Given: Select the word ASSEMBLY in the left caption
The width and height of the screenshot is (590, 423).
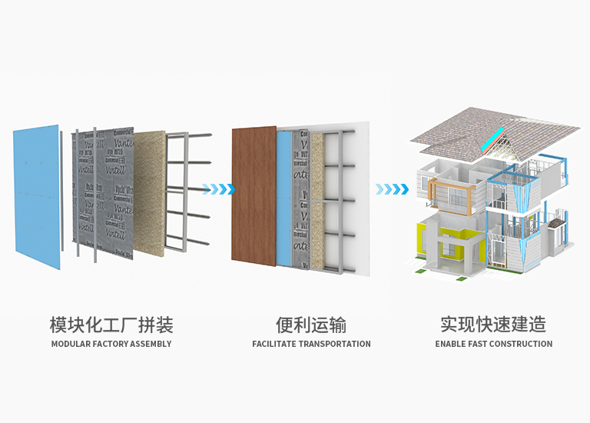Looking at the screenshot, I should (x=154, y=344).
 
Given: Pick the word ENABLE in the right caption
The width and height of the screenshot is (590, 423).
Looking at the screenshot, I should (x=450, y=344).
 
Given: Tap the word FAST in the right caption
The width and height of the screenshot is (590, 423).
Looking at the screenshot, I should (x=480, y=344).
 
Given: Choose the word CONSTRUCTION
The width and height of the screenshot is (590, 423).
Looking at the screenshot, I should (x=523, y=344).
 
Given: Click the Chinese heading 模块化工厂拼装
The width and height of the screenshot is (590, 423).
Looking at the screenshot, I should (x=111, y=324).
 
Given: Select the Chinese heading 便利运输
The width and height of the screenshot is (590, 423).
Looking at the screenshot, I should (x=311, y=324).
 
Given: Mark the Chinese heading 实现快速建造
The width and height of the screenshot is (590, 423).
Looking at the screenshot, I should (x=493, y=324).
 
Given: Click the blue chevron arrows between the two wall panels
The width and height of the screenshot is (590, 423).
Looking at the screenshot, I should (x=217, y=188).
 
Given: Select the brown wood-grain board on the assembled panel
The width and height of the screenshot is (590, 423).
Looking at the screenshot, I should (x=254, y=196).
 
